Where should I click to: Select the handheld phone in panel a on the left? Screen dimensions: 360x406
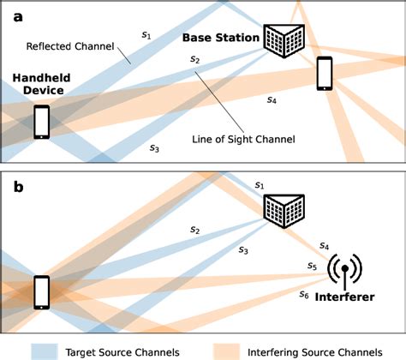coord(41,121)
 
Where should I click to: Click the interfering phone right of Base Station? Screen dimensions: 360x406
coord(325,73)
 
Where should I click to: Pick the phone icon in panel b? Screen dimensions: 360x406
coord(40,291)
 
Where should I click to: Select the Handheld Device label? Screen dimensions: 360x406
coord(42,84)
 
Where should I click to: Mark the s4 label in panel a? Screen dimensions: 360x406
coord(272,100)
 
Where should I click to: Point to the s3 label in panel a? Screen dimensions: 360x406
coord(153,147)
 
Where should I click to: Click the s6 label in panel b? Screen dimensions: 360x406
coord(304,294)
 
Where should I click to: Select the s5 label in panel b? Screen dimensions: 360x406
coord(312,267)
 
